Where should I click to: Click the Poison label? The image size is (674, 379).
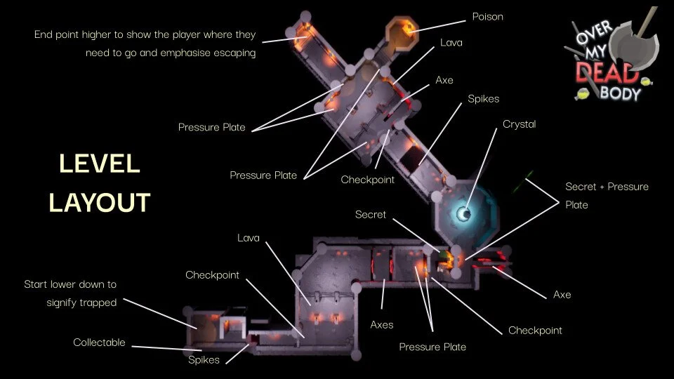pos(487,16)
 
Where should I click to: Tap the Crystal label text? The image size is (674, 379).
pos(519,124)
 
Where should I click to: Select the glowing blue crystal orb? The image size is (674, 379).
pos(465,213)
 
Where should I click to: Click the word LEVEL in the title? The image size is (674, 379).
pos(100,164)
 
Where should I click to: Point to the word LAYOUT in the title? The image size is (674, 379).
pos(99,202)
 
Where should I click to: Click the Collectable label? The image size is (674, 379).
pos(99,343)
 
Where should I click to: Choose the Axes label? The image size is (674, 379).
pos(382,325)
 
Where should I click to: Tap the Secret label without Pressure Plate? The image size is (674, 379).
pos(370,214)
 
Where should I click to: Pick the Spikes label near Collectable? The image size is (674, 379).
pos(204,360)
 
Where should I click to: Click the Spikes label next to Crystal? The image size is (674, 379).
pos(483,99)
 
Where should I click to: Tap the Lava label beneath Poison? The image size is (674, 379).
pos(451,43)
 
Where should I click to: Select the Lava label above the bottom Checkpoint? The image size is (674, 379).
pos(248,239)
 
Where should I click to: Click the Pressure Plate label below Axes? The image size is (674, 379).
pos(432,347)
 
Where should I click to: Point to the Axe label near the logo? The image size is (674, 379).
pos(444,80)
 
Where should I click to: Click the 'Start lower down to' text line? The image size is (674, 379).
pos(70,285)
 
